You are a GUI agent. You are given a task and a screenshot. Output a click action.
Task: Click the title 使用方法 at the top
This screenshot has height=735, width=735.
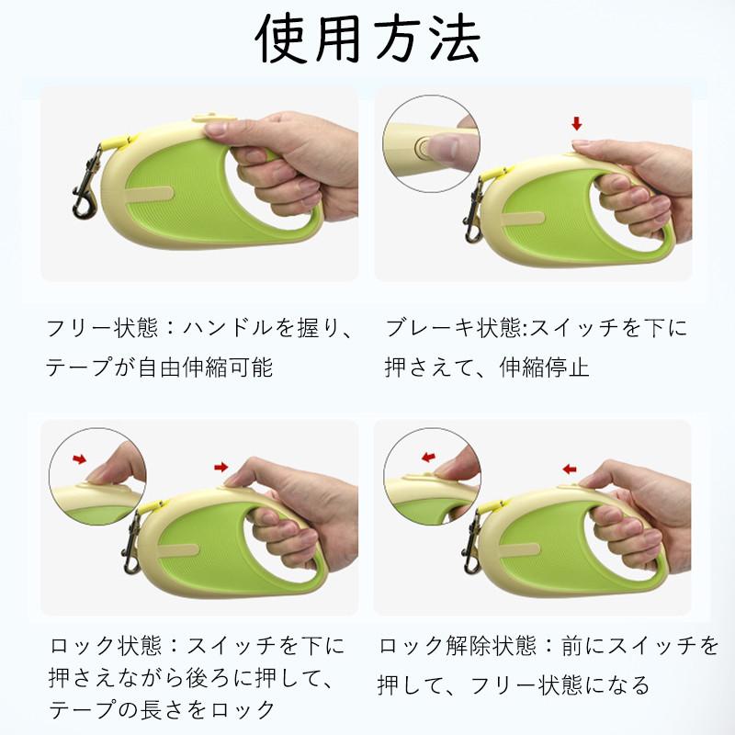(x=368, y=39)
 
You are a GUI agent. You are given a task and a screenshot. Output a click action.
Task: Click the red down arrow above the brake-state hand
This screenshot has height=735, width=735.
(x=577, y=124)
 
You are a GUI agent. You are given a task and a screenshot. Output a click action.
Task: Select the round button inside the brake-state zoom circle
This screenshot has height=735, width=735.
(x=424, y=149)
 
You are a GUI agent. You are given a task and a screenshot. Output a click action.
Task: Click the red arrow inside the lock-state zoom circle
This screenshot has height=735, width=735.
(x=80, y=458)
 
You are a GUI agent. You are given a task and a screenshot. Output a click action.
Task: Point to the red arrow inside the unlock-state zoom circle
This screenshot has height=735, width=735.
(x=428, y=457)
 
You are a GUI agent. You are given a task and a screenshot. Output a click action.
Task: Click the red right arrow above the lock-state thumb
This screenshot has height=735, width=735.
(x=221, y=467)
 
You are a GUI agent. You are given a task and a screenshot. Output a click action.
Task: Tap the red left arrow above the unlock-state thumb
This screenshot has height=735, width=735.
(x=570, y=469)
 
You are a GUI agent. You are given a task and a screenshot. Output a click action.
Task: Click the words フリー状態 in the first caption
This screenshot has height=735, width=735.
(x=102, y=328)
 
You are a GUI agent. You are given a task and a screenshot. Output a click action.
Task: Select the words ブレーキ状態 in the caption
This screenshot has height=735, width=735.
(x=450, y=328)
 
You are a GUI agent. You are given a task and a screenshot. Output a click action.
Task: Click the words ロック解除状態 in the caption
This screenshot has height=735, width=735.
(x=457, y=646)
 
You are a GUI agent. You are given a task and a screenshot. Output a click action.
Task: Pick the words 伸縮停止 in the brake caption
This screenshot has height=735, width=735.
(x=544, y=367)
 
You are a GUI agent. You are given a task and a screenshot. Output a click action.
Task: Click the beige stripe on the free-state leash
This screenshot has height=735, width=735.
(x=150, y=194)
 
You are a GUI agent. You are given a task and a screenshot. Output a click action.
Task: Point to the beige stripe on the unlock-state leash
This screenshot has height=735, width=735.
(x=519, y=549)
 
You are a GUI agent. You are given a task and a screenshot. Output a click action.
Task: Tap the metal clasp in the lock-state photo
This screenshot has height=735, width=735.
(x=131, y=543)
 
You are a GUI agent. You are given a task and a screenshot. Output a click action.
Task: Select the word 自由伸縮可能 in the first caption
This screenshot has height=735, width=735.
(x=205, y=367)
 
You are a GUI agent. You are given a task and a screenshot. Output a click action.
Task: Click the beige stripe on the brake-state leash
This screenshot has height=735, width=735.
(x=524, y=219)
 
